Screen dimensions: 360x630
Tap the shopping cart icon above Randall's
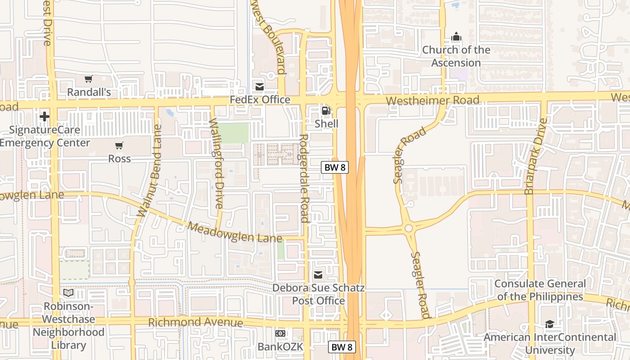click(89, 79)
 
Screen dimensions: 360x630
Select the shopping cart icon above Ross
click(119, 145)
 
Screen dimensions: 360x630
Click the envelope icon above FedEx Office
click(260, 86)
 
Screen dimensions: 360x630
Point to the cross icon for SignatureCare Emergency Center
click(44, 117)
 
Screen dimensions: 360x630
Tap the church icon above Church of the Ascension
click(456, 36)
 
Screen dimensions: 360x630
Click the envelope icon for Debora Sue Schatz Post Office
click(318, 275)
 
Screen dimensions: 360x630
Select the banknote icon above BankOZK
click(280, 333)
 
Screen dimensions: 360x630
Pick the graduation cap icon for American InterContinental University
click(549, 324)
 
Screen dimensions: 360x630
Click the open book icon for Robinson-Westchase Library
click(68, 293)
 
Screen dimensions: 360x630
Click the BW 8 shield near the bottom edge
click(342, 347)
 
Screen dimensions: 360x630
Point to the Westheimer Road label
click(432, 100)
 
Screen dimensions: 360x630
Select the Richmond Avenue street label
click(196, 323)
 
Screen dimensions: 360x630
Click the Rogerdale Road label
click(305, 178)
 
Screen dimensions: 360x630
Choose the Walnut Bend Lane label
click(150, 171)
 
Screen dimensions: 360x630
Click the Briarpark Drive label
click(536, 156)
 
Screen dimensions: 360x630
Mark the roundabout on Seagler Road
click(409, 228)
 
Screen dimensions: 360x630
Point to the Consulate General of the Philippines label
click(540, 290)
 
